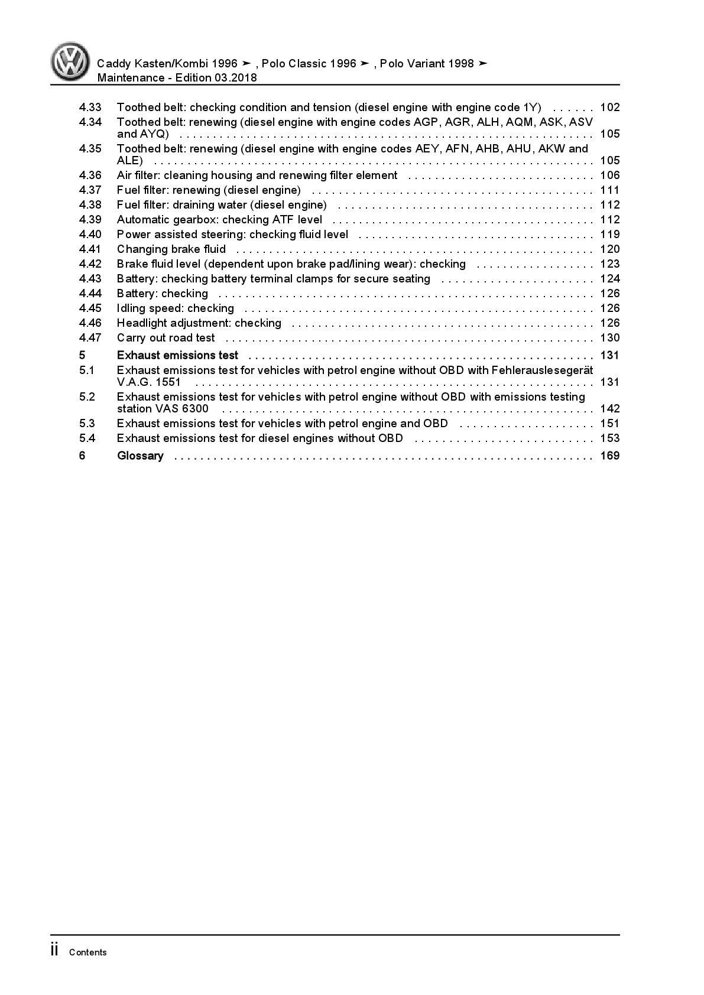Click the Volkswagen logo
tap(70, 61)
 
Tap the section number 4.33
tap(90, 108)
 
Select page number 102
tap(609, 108)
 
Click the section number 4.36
tap(90, 175)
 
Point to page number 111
tap(609, 190)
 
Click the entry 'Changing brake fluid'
tap(171, 249)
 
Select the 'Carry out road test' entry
tap(166, 338)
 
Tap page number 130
tap(609, 338)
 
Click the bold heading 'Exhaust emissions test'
tap(177, 355)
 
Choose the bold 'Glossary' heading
tap(140, 456)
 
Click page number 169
tap(609, 456)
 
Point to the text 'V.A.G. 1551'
tap(148, 382)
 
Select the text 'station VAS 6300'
tap(163, 409)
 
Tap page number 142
tap(609, 409)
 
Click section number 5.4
tap(87, 438)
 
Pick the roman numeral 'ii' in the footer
tap(54, 950)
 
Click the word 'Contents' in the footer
tap(87, 952)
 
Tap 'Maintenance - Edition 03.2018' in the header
tap(177, 78)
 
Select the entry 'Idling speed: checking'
tap(175, 308)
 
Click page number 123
tap(609, 264)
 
